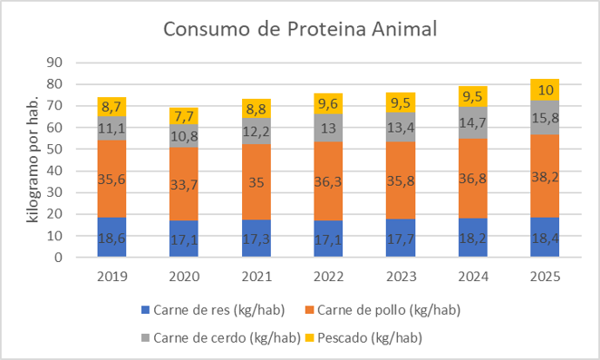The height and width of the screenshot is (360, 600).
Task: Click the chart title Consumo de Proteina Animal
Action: click(300, 29)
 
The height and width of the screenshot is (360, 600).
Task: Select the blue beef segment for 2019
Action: click(111, 237)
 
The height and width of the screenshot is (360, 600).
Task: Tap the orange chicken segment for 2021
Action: click(256, 181)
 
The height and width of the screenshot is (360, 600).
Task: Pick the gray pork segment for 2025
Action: click(545, 117)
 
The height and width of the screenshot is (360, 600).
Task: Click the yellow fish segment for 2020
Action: click(184, 116)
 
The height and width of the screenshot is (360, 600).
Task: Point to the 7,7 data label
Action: click(184, 116)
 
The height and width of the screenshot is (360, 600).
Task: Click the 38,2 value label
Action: click(545, 177)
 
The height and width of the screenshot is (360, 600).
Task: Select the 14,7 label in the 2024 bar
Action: click(472, 122)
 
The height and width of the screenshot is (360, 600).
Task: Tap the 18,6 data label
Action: click(111, 238)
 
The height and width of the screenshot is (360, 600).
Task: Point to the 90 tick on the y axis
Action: click(54, 62)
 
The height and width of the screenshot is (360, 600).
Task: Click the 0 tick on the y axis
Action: click(58, 258)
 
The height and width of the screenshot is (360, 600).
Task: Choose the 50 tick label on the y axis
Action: click(54, 149)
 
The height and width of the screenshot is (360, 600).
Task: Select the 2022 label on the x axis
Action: click(329, 277)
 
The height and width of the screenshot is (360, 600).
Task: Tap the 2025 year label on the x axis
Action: click(545, 277)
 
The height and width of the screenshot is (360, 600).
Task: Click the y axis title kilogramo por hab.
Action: click(33, 159)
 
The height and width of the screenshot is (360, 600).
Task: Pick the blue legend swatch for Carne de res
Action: click(145, 309)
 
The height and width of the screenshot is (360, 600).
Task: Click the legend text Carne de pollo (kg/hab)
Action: click(389, 310)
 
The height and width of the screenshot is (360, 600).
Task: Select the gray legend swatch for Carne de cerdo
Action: click(145, 338)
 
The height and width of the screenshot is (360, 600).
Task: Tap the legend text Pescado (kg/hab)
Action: click(370, 338)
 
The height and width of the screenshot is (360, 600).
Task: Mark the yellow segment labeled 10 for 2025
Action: click(545, 90)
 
